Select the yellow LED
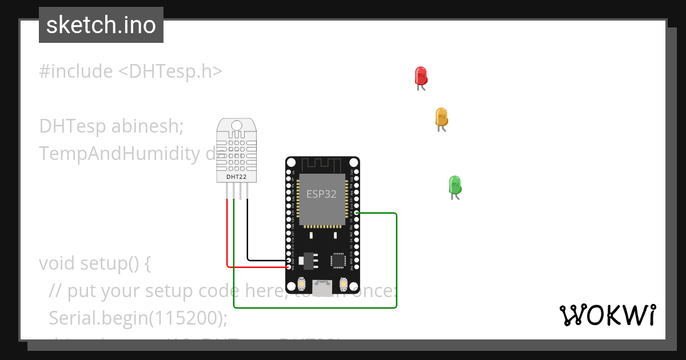pos(441,117)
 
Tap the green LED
pos(455,185)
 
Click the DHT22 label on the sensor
pos(236,177)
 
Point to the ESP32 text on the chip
pos(321,194)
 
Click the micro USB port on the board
pos(322,287)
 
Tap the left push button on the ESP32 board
pos(302,284)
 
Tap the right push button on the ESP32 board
pos(344,284)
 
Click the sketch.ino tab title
pos(101,25)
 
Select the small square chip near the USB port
pos(338,261)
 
